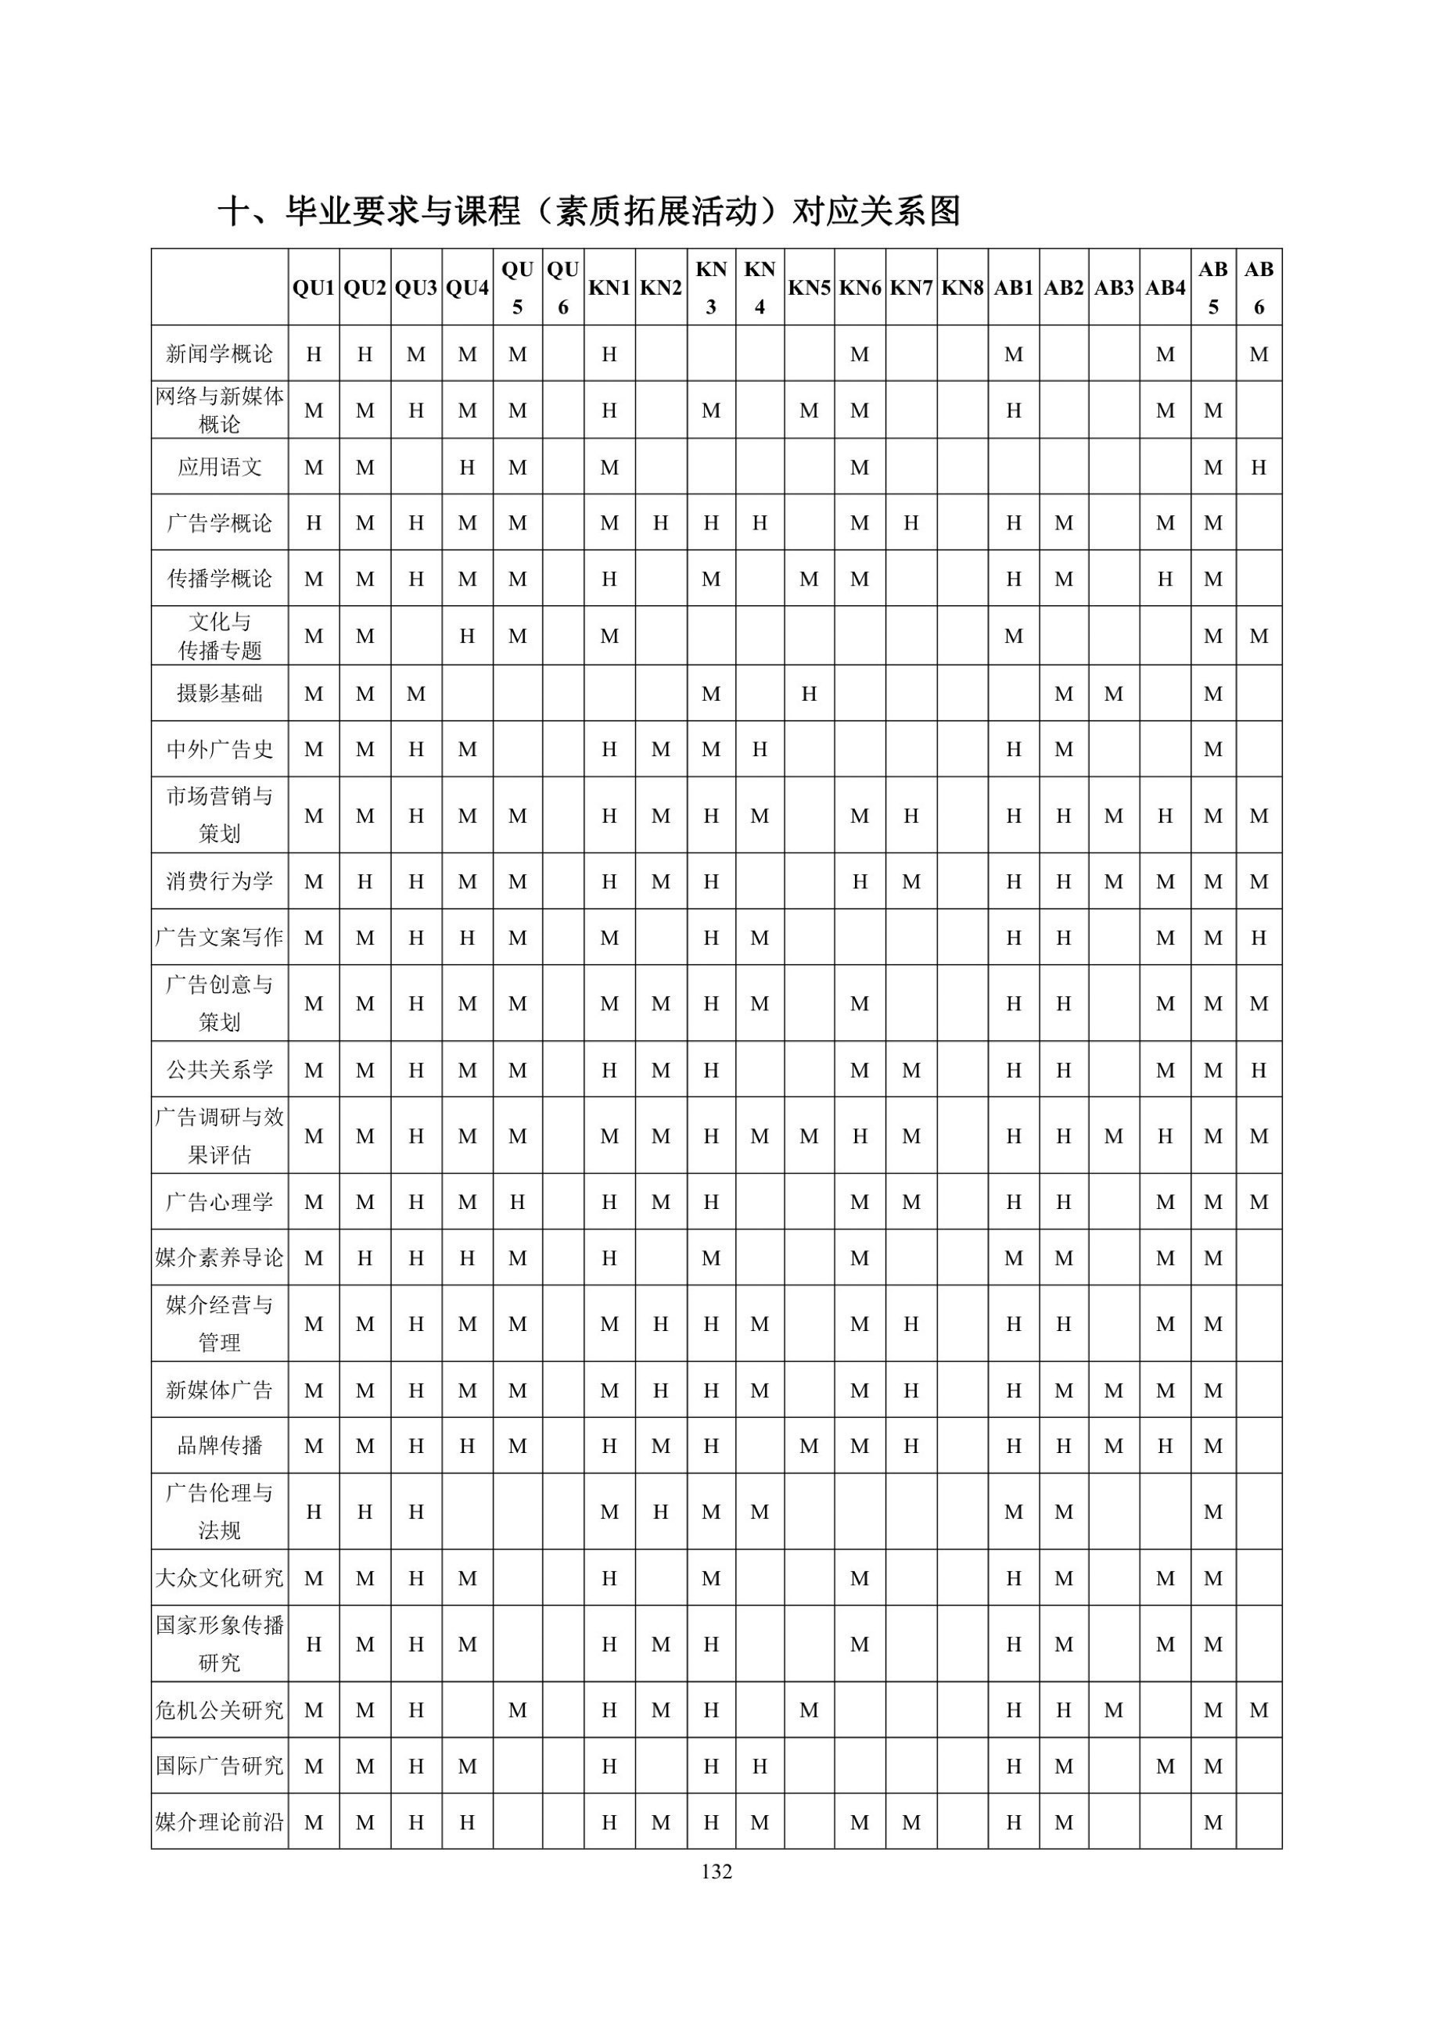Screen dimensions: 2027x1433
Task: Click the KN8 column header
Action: click(962, 288)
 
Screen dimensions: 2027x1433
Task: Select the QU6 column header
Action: click(562, 288)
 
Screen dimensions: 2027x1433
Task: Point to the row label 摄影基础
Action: click(219, 694)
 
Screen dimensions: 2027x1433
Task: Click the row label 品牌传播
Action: click(219, 1446)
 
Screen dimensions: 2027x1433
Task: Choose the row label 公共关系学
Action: click(219, 1070)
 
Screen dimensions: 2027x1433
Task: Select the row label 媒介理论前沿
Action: click(219, 1822)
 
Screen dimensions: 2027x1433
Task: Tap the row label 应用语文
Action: click(219, 467)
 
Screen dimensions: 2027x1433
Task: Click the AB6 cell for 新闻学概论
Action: click(1259, 355)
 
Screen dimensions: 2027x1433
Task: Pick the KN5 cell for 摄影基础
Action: click(809, 694)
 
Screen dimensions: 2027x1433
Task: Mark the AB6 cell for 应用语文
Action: click(1259, 467)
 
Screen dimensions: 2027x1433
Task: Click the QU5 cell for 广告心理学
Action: click(517, 1201)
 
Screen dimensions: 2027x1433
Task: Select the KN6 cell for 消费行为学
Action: click(859, 881)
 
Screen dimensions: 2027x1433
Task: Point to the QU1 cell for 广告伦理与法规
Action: click(314, 1512)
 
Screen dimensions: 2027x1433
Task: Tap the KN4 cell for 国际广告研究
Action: click(760, 1766)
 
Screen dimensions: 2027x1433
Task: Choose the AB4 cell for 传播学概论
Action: click(1165, 579)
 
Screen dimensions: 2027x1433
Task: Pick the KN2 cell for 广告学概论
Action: click(660, 522)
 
